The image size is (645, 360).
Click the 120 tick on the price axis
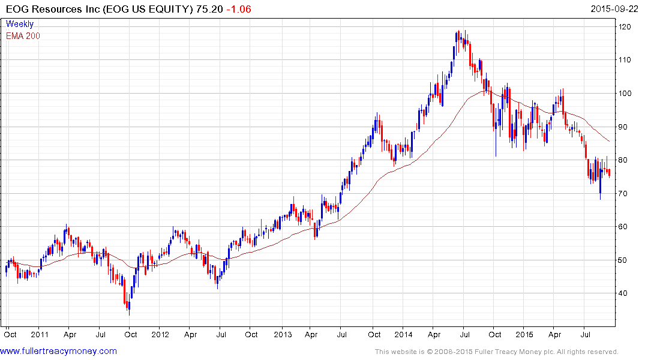pyautogui.click(x=625, y=27)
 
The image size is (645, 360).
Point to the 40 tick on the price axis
pyautogui.click(x=625, y=293)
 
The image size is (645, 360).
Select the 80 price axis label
pyautogui.click(x=625, y=160)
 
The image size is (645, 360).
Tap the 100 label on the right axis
pyautogui.click(x=625, y=94)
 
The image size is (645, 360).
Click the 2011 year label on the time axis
pyautogui.click(x=40, y=334)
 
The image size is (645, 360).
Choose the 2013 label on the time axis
pyautogui.click(x=282, y=334)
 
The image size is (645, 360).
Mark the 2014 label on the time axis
pyautogui.click(x=403, y=334)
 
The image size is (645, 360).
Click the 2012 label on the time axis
pyautogui.click(x=161, y=334)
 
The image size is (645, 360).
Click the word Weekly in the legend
pyautogui.click(x=20, y=24)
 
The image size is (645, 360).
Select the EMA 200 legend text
pyautogui.click(x=23, y=36)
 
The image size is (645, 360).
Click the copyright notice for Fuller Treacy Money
pyautogui.click(x=496, y=352)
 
